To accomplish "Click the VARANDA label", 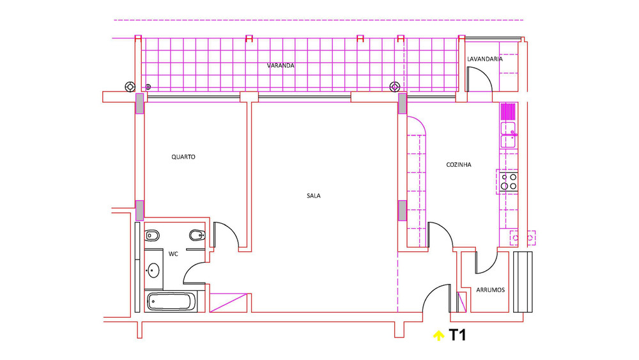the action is click(281, 65).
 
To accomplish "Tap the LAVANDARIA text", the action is click(484, 59).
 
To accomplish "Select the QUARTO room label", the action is click(183, 157).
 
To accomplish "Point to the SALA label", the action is click(313, 196).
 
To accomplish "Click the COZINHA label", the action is click(458, 165).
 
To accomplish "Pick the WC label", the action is click(173, 254).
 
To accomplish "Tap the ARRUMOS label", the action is click(490, 290).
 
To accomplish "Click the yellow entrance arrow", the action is click(438, 336).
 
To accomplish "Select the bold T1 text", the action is click(458, 335).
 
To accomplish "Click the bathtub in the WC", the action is click(171, 302).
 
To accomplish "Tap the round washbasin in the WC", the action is click(153, 270).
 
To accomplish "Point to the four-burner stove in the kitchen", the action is click(509, 182).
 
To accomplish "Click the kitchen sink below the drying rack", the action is click(508, 134).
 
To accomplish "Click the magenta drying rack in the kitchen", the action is click(508, 111).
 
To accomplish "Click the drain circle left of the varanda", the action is click(130, 87).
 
